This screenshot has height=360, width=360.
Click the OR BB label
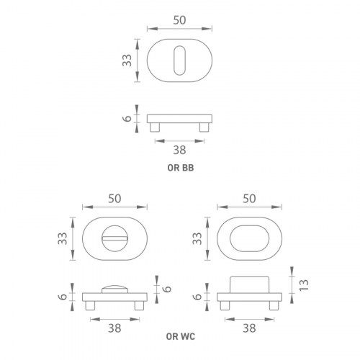(x=181, y=168)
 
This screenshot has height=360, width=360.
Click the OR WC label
(x=181, y=336)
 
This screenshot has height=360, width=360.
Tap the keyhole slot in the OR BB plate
(x=179, y=60)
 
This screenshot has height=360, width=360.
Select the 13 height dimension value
(x=304, y=285)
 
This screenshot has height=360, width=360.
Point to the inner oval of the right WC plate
(x=250, y=238)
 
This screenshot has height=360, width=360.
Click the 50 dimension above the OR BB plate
(x=179, y=20)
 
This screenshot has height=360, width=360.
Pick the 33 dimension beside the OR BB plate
(x=127, y=60)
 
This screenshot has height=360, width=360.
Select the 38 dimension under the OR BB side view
(x=179, y=150)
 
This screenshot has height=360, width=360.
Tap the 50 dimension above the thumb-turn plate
(x=114, y=199)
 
